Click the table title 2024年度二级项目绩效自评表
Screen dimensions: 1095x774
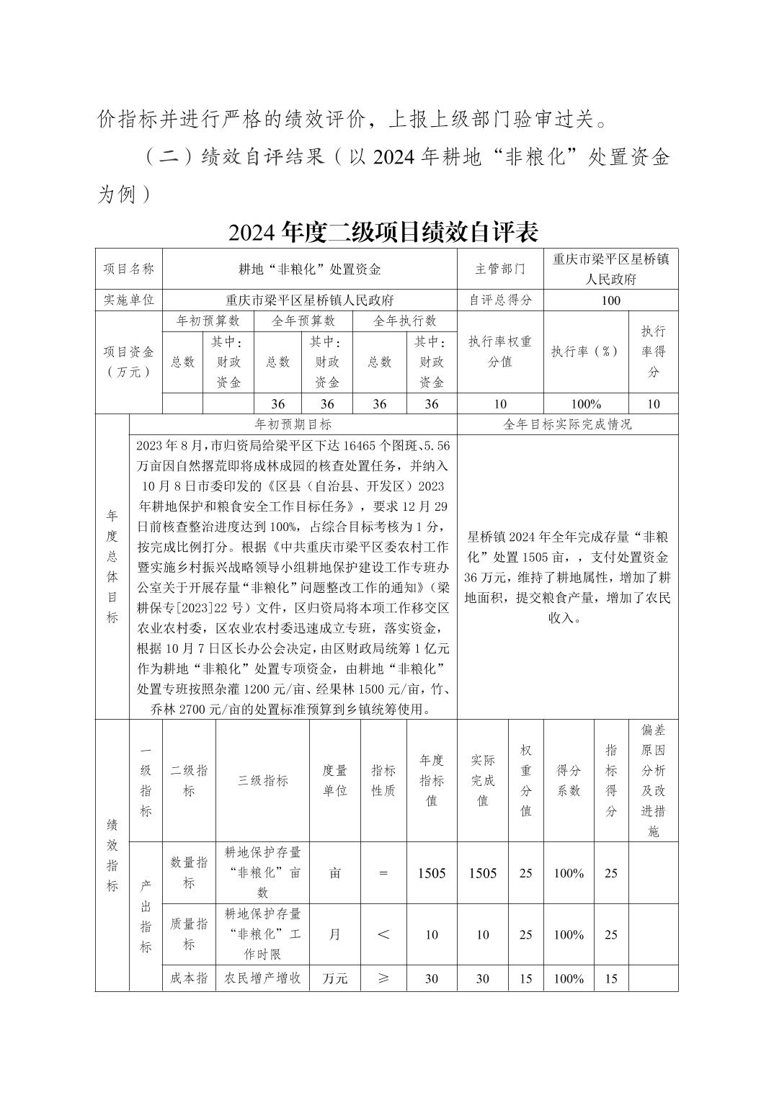pos(383,232)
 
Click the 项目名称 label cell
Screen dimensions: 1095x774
pos(129,269)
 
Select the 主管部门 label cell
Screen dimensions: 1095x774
pos(500,269)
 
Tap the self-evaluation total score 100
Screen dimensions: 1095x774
pos(610,300)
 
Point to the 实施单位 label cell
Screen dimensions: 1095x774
pos(129,300)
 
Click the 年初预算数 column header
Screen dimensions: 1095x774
pos(208,321)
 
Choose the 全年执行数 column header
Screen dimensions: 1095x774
pos(405,321)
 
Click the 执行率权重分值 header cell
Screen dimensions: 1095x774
pos(500,352)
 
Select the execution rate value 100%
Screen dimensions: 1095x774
pos(586,404)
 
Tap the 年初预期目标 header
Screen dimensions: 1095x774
pos(293,424)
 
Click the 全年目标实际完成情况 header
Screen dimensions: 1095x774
pos(567,424)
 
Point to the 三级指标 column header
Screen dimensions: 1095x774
pos(262,780)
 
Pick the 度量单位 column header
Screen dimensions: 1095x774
pos(335,780)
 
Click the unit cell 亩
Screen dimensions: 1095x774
pos(335,873)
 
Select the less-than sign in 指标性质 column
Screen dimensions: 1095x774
pos(383,934)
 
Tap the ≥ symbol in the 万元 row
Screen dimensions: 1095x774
pos(383,978)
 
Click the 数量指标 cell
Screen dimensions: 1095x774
pos(189,872)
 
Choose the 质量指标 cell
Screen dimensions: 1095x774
pos(189,934)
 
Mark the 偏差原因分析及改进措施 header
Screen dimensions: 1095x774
pos(653,780)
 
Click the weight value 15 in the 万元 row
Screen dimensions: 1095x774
pos(525,978)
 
